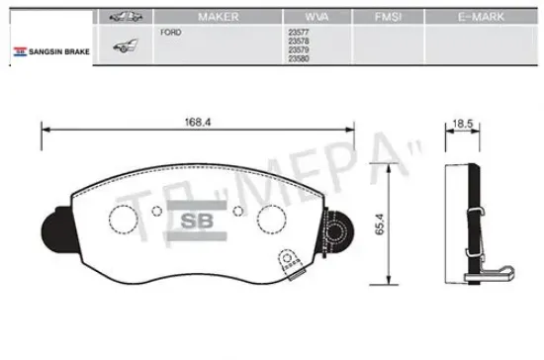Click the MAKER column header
pos(219,17)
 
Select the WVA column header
pos(317,17)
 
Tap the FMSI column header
pos(389,17)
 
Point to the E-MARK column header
pos(481,17)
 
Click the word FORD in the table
pos(171,33)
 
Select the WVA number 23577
pos(299,33)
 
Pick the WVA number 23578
pos(299,41)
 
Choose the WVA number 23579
pos(299,49)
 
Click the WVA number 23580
pos(299,58)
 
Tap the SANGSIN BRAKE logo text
pos(59,51)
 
